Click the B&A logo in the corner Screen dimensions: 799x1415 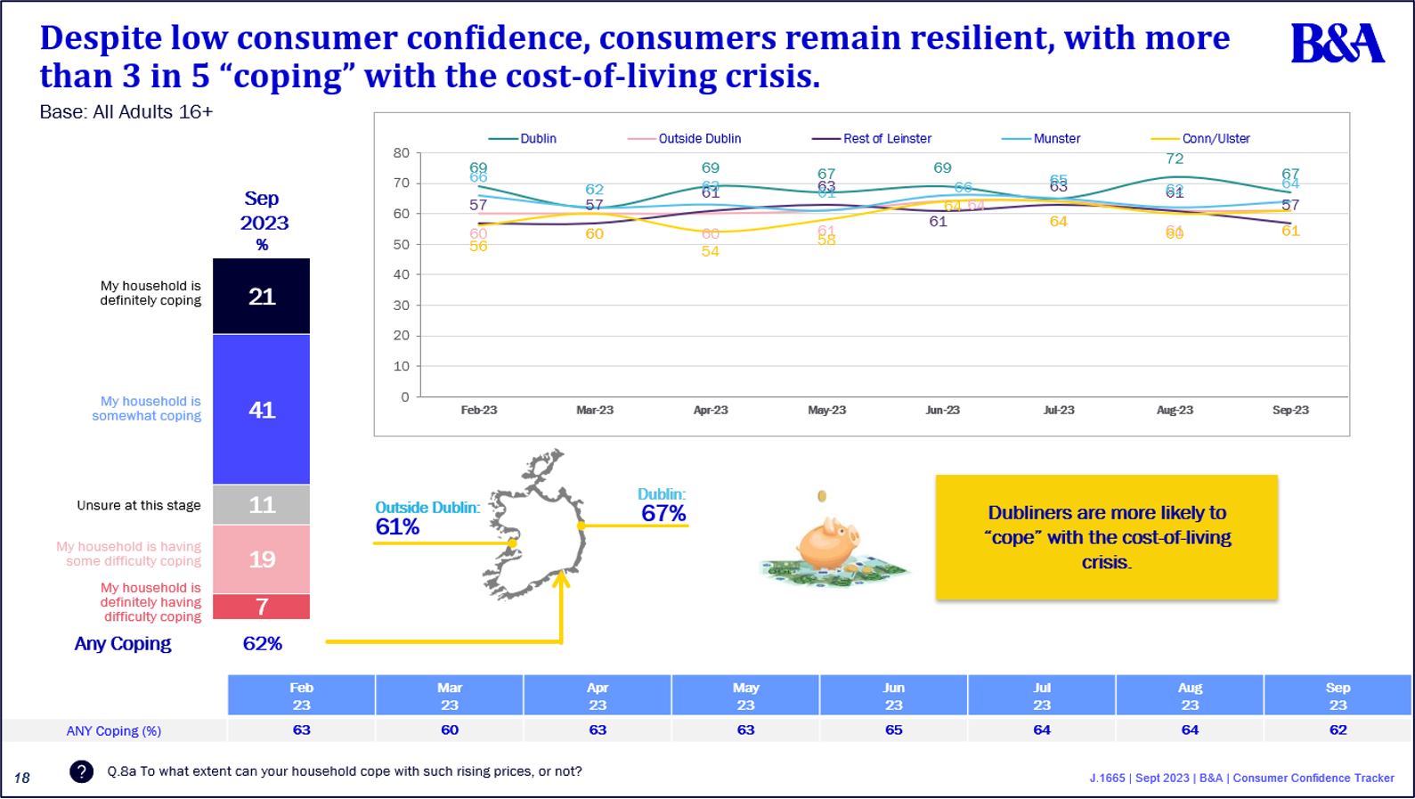(x=1338, y=44)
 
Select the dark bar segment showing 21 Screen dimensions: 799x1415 (x=262, y=297)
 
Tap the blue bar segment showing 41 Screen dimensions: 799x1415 (x=262, y=410)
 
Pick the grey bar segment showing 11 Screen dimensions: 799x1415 (x=262, y=505)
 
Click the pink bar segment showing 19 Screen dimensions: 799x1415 (x=262, y=559)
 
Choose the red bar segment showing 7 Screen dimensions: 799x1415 (x=262, y=607)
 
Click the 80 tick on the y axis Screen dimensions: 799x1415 (x=402, y=153)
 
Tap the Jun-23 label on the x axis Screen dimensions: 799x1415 (x=942, y=411)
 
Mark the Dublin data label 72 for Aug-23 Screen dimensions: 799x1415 (x=1175, y=159)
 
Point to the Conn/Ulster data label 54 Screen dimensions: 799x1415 (x=710, y=252)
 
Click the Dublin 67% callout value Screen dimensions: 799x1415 (x=663, y=514)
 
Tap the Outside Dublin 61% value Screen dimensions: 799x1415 (x=397, y=527)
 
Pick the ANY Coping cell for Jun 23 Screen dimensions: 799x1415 (x=893, y=730)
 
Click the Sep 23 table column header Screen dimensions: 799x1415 (x=1338, y=696)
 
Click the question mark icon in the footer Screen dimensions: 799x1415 (x=81, y=771)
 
